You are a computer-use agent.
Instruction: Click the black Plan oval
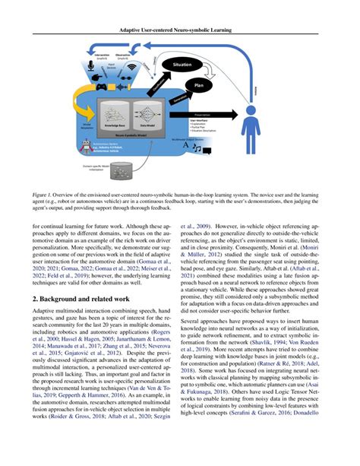click(x=200, y=87)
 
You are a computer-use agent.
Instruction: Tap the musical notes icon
click(x=201, y=151)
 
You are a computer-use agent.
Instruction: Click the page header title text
click(x=179, y=31)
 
